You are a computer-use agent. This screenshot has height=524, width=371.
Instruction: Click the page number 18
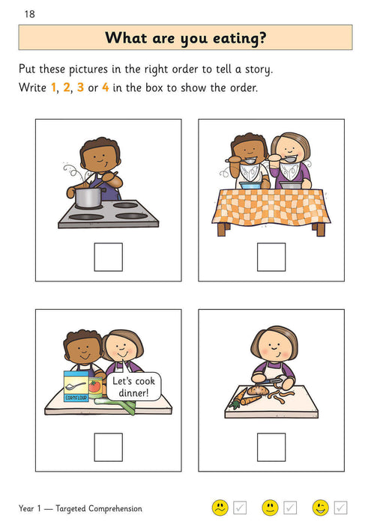(x=29, y=14)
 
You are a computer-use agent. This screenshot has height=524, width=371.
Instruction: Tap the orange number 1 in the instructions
(x=53, y=88)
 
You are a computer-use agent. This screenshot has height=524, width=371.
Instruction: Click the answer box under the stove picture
(x=108, y=257)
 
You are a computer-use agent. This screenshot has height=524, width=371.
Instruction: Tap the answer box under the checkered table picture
(x=271, y=257)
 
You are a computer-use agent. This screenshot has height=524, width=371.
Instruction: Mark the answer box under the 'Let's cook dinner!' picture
(x=108, y=447)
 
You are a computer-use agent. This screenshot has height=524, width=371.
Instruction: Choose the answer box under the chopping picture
(x=271, y=447)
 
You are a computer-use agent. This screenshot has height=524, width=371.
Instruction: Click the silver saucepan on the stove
(x=88, y=198)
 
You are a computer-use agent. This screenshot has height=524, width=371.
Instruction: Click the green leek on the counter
(x=127, y=406)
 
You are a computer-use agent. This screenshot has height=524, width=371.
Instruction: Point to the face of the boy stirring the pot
(x=95, y=157)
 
